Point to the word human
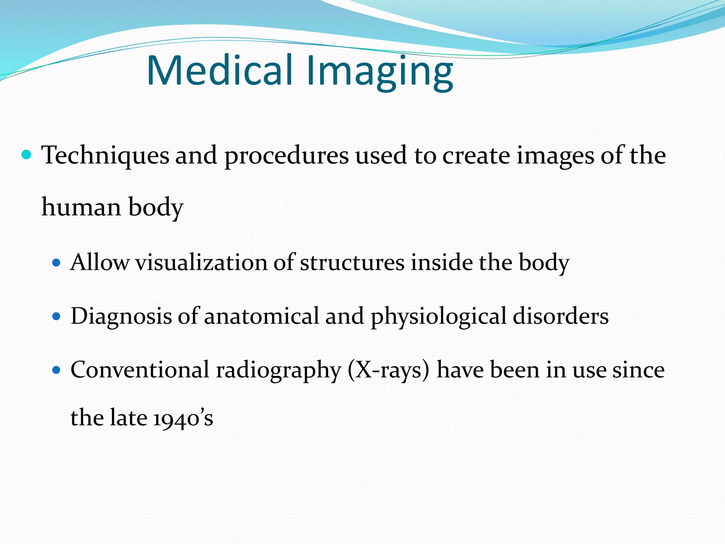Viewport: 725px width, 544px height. coord(81,207)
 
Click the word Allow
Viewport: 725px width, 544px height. coord(99,262)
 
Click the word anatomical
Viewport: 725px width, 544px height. coord(261,316)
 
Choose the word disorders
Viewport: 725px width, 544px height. coord(560,316)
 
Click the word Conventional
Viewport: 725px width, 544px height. coord(140,370)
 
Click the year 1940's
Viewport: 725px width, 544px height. coord(183,418)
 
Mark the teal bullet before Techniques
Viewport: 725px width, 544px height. coord(26,155)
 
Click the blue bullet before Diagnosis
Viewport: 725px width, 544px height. coord(56,316)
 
